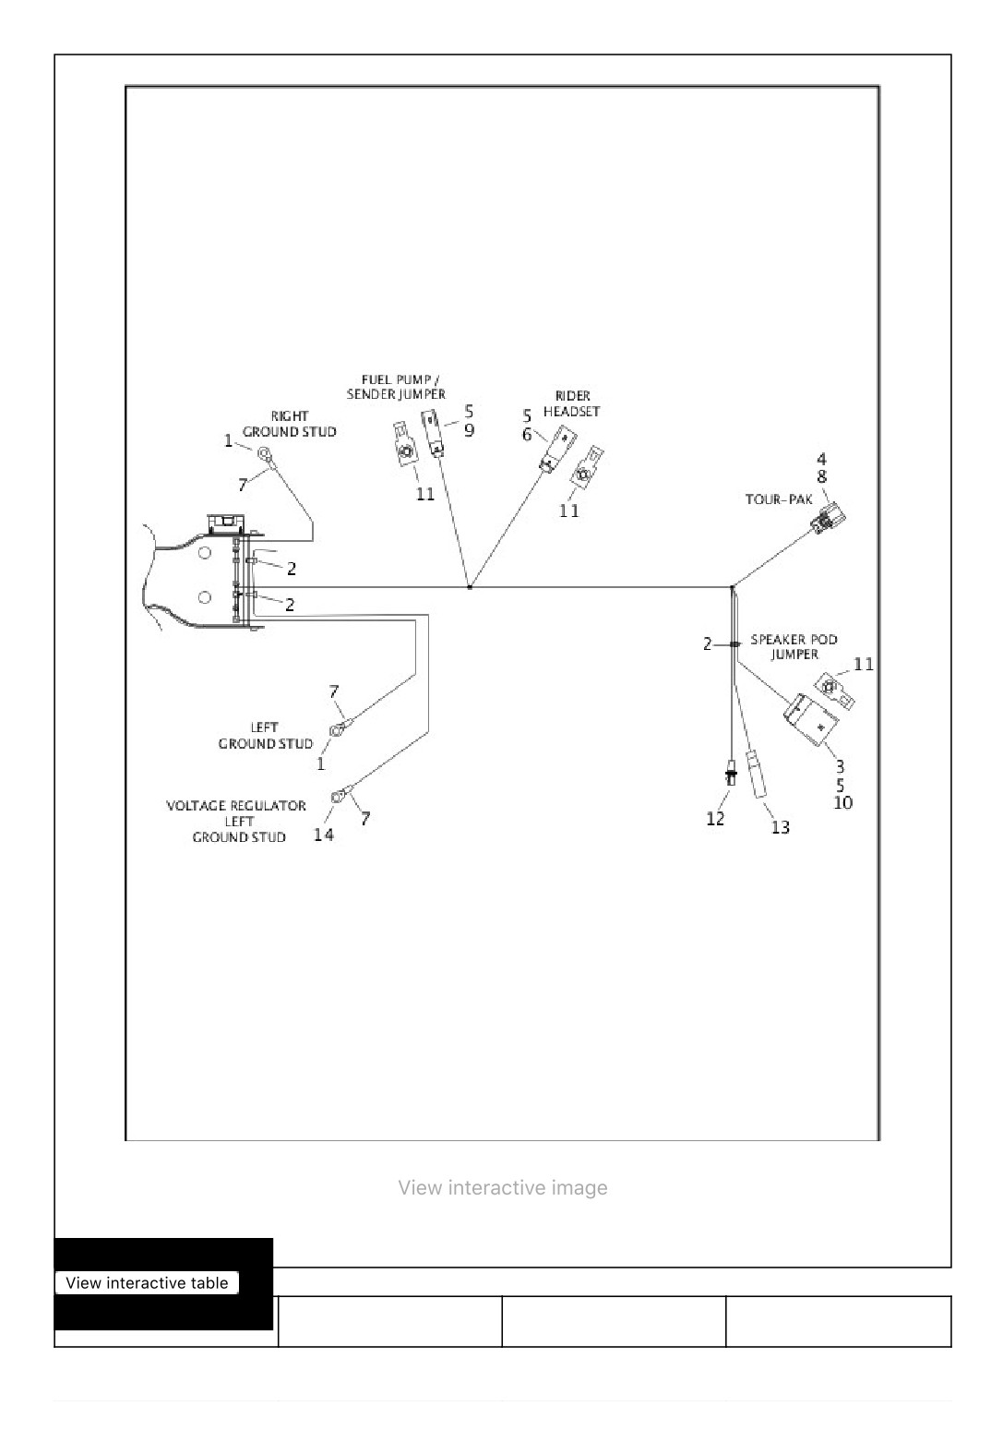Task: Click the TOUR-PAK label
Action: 779,499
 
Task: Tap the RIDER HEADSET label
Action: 571,403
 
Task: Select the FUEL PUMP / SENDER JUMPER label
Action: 396,386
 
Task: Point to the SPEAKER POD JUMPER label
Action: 794,646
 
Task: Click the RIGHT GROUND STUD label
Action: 290,424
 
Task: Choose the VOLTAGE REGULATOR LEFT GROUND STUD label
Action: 236,821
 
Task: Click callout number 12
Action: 715,819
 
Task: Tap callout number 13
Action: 781,827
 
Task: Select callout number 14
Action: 324,835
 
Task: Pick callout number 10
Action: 842,803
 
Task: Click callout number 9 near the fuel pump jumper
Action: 469,429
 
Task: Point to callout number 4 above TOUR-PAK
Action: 821,459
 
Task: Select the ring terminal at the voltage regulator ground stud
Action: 338,796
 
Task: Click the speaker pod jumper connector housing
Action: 811,720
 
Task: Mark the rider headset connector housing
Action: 558,449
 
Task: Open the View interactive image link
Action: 503,1187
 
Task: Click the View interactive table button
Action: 147,1282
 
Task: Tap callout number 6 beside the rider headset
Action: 527,434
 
